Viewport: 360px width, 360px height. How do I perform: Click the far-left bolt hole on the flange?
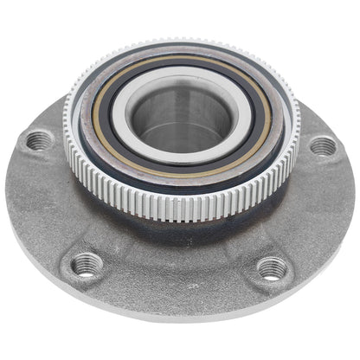pyautogui.click(x=38, y=139)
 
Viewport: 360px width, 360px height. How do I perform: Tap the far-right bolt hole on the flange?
pyautogui.click(x=323, y=145)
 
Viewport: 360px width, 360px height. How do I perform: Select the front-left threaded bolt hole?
pyautogui.click(x=87, y=263)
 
